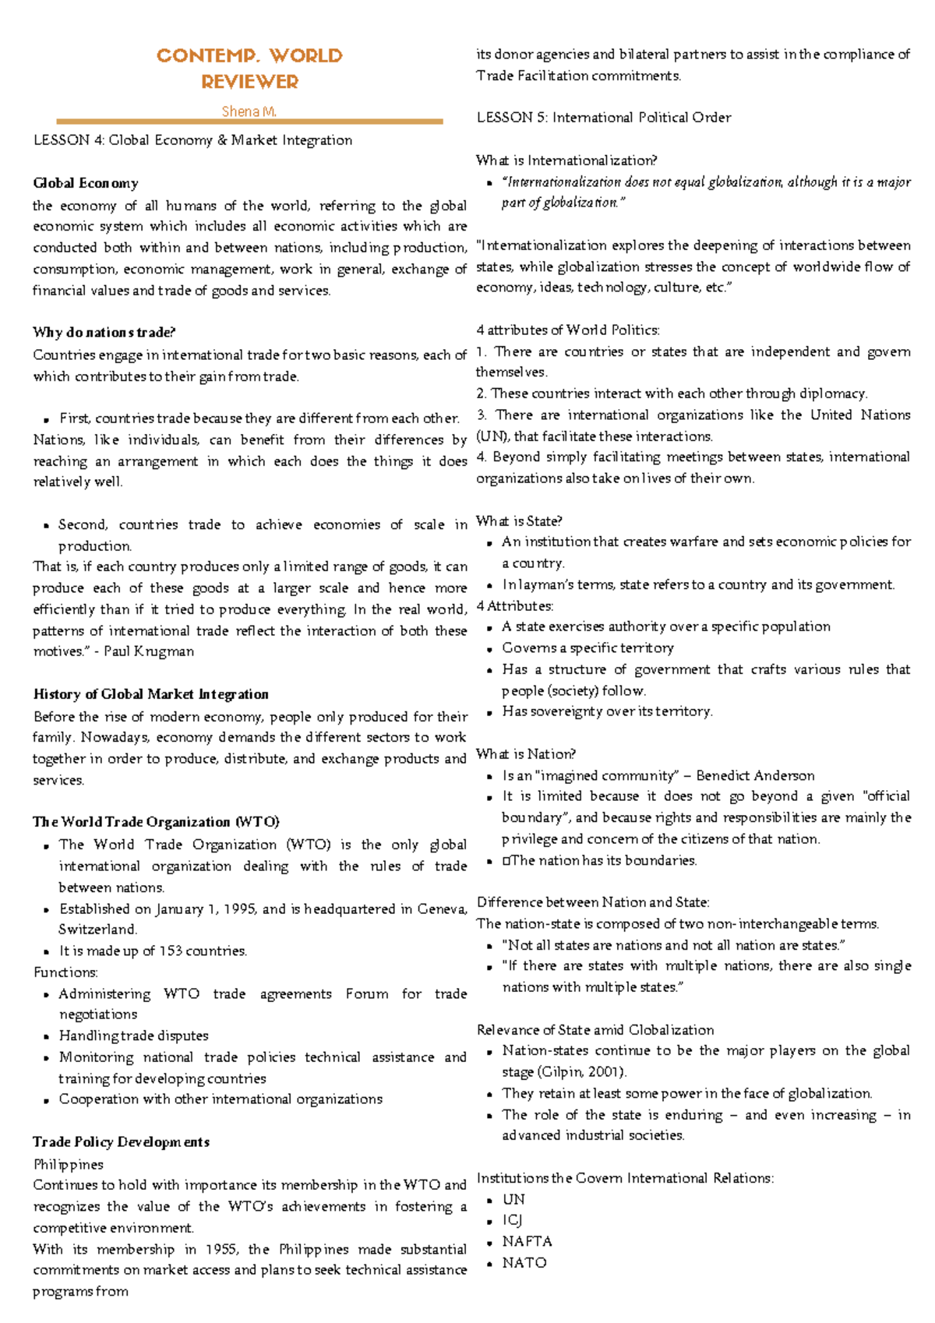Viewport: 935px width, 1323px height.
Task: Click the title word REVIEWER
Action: point(249,82)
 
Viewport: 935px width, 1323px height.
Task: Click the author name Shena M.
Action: point(249,111)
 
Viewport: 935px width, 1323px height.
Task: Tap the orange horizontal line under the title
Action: point(249,122)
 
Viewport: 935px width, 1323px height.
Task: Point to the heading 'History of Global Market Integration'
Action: point(150,694)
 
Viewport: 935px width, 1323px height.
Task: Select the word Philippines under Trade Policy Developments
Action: point(68,1164)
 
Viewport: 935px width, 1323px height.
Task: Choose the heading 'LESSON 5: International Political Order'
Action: point(604,118)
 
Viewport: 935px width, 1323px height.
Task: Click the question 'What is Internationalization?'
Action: point(566,161)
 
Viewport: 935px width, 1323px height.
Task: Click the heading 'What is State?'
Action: point(519,520)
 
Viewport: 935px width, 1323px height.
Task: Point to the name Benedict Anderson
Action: point(755,775)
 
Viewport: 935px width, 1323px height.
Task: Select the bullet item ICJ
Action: point(512,1220)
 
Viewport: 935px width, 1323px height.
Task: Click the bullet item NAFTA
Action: point(527,1241)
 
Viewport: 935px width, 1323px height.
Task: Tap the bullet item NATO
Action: point(524,1262)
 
